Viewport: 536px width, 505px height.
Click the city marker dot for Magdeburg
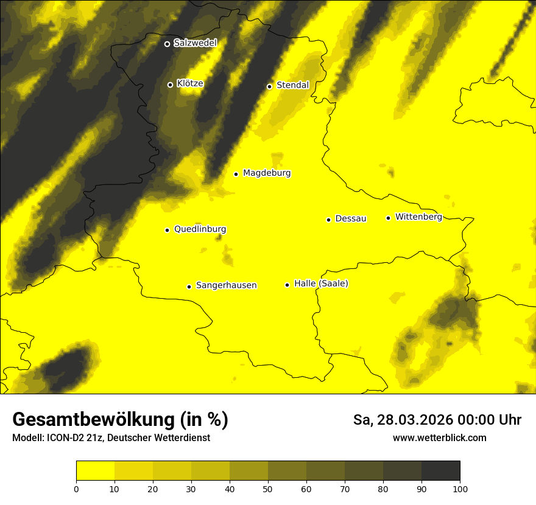(236, 174)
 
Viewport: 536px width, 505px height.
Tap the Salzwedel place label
(195, 43)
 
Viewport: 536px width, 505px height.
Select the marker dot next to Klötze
(170, 85)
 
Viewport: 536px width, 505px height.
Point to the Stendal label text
(292, 85)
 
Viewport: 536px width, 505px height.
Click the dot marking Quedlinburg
(167, 230)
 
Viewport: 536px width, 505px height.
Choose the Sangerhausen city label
(226, 285)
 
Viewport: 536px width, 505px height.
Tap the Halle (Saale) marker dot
(287, 285)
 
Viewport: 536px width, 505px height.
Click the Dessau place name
(351, 218)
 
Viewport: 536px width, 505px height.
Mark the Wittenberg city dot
(388, 218)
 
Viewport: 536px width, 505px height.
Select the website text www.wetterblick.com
(439, 438)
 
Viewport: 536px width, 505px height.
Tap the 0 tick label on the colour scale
(76, 488)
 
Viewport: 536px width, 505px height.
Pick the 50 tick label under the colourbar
(268, 488)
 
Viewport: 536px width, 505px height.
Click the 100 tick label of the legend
(460, 488)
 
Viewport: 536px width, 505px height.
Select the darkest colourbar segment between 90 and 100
(440, 471)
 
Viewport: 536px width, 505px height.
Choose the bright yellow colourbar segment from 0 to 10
(95, 471)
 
